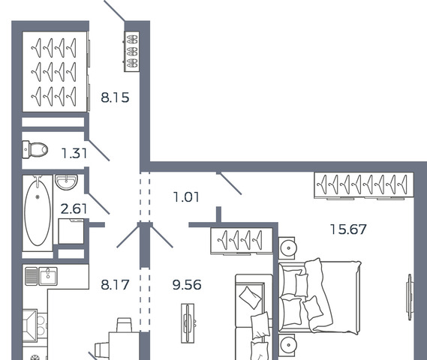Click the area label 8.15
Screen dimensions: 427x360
tap(115, 97)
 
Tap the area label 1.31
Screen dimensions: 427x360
tap(74, 153)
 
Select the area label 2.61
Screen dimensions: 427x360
tap(74, 209)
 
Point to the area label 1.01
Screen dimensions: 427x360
tap(186, 197)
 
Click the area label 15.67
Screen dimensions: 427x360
tap(348, 229)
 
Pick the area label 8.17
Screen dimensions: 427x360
tap(115, 285)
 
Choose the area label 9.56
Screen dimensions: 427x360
tap(187, 285)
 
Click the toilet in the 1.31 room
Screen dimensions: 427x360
tap(35, 149)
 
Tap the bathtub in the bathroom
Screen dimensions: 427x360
tap(38, 213)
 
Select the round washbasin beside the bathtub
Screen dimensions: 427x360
tap(67, 181)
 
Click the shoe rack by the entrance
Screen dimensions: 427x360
tap(132, 52)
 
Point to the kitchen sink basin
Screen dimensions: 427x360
tap(48, 276)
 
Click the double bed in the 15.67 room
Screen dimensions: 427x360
tap(319, 296)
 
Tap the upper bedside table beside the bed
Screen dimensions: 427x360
tap(287, 248)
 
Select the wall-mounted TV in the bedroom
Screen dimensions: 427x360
tap(410, 297)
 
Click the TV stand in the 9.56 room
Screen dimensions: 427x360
tap(188, 323)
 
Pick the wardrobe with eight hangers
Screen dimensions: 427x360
tap(364, 185)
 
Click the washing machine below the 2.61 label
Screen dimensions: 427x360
tap(71, 231)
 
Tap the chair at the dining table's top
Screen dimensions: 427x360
tap(125, 325)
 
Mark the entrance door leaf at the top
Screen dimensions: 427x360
tap(114, 10)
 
